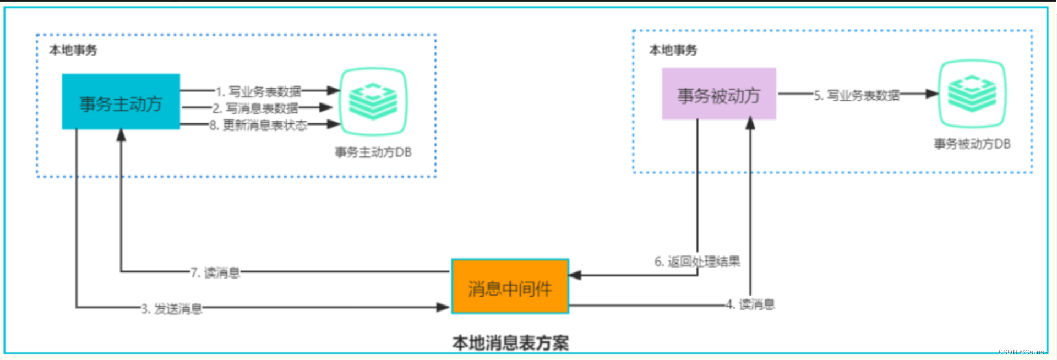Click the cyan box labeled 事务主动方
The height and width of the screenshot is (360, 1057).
121,102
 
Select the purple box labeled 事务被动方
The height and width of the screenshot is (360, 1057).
718,94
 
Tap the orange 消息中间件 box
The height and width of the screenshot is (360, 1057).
510,287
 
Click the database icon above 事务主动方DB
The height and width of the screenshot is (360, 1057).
373,101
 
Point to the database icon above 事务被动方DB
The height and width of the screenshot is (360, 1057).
972,94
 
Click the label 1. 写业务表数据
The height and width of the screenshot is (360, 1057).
258,91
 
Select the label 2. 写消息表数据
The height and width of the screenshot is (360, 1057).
255,108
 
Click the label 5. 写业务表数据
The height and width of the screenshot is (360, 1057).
857,95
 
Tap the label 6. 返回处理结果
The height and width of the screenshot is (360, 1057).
697,261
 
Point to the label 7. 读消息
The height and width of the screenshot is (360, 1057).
215,272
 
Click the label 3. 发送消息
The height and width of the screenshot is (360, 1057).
172,309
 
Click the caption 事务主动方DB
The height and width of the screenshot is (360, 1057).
373,152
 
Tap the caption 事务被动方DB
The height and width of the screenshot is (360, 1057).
972,144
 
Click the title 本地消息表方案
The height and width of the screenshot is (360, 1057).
510,343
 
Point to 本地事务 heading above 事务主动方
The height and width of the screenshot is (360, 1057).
73,50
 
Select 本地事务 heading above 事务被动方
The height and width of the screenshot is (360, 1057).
673,50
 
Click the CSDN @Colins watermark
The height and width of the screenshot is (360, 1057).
1021,352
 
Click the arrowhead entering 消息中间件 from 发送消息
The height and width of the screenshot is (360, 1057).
444,307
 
